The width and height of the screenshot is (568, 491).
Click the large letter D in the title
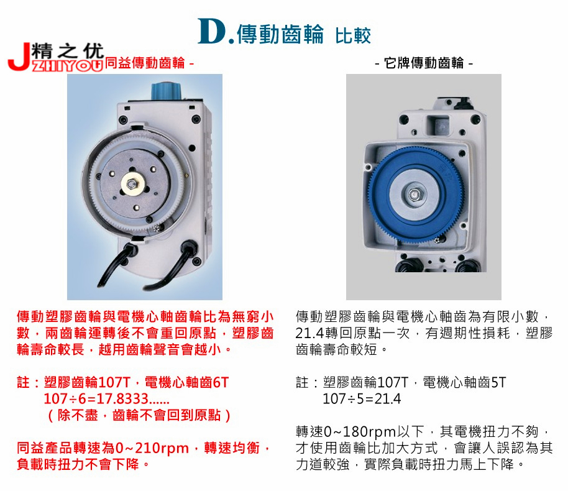click(x=212, y=32)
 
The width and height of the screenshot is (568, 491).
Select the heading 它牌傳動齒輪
click(x=424, y=63)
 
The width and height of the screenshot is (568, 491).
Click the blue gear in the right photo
click(x=416, y=195)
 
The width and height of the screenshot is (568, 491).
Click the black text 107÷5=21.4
click(x=362, y=398)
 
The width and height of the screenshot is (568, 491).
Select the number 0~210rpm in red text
click(x=152, y=448)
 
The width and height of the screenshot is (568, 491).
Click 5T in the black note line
click(x=498, y=382)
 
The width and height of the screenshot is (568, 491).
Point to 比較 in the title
click(x=353, y=35)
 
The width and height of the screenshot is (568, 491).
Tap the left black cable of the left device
click(x=114, y=267)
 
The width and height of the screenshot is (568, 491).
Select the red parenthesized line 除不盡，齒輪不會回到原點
click(x=139, y=415)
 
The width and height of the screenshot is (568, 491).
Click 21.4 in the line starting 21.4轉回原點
click(x=309, y=333)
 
